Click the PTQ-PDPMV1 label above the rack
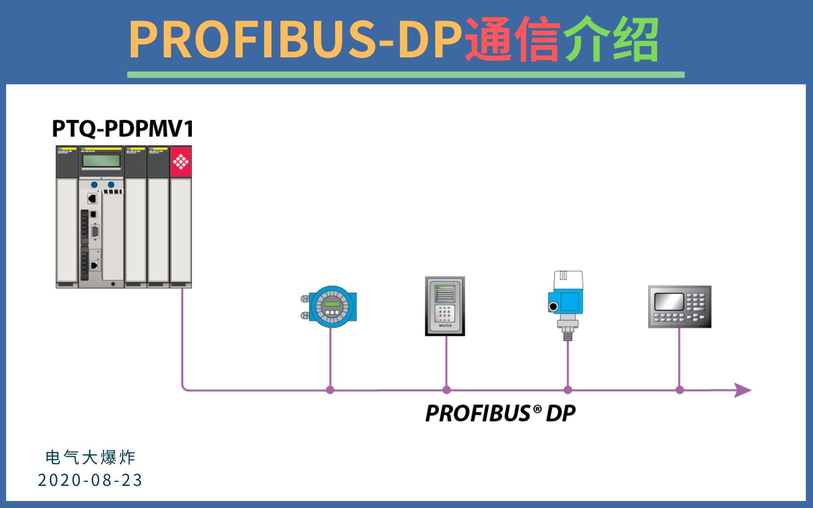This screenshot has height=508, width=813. point(122,129)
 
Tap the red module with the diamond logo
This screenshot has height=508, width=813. point(181,162)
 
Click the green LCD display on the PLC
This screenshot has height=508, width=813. point(101,161)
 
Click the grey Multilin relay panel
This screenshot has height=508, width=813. point(445,306)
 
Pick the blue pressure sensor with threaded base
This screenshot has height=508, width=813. point(567,303)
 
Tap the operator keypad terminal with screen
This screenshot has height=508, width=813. point(680,307)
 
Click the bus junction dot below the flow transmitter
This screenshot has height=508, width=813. point(330,390)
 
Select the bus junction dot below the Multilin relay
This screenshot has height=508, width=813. point(446,390)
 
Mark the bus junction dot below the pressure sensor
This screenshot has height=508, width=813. point(568,390)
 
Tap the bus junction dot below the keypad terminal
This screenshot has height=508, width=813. point(679,390)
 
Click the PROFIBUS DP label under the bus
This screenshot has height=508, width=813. point(500,413)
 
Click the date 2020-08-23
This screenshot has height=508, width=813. point(90,480)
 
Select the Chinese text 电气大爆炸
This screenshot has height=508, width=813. point(90,457)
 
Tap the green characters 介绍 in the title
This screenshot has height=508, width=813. point(611,40)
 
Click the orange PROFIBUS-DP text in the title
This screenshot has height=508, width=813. point(295,40)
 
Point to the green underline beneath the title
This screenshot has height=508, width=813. point(406,75)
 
